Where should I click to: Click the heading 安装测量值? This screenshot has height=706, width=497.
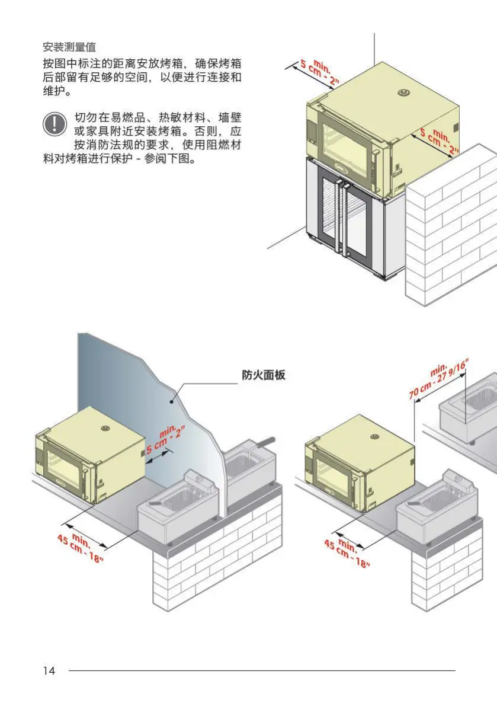(x=69, y=47)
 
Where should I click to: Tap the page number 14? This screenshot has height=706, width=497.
(x=49, y=670)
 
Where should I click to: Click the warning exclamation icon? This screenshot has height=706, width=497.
(x=54, y=123)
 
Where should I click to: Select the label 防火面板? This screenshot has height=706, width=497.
(x=264, y=375)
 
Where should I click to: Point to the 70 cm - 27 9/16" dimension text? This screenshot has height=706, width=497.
(x=438, y=382)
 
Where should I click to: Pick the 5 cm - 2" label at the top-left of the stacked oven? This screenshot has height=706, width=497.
(x=318, y=72)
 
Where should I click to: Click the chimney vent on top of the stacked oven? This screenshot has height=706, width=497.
(x=404, y=92)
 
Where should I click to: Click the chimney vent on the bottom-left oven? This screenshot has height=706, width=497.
(x=105, y=427)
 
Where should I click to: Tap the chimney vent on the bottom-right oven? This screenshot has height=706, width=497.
(x=374, y=436)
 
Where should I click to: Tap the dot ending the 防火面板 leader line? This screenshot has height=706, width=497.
(x=172, y=401)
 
